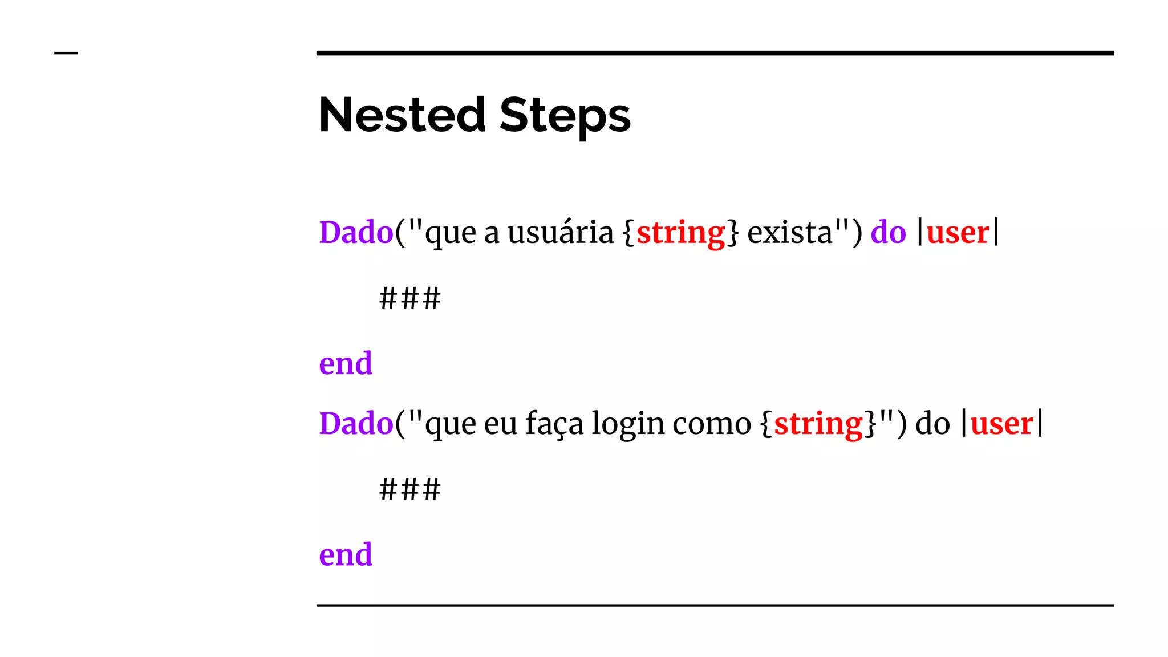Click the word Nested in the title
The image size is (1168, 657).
pos(402,115)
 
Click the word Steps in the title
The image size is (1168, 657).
pos(565,115)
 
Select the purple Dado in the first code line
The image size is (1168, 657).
pos(356,233)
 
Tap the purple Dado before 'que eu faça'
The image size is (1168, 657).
pos(356,424)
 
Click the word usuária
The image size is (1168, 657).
pos(560,233)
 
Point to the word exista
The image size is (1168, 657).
pos(790,233)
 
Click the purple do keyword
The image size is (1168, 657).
pos(888,233)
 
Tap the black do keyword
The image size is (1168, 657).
pos(932,424)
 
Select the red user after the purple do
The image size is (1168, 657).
pos(958,233)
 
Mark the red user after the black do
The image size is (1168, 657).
pos(1001,424)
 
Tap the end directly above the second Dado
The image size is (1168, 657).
pos(346,364)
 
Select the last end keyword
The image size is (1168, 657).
pos(346,555)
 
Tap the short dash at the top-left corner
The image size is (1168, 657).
pos(66,53)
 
